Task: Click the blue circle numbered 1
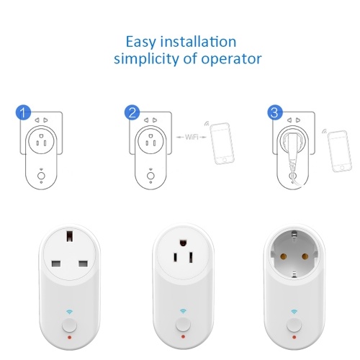[23, 112]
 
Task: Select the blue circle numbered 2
[132, 112]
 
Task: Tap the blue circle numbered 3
[275, 112]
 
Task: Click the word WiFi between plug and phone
[192, 138]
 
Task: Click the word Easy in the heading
[141, 42]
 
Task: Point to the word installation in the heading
[198, 42]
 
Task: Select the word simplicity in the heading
[146, 59]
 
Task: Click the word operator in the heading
[231, 59]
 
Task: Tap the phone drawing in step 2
[222, 143]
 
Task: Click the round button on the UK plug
[69, 325]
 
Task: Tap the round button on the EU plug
[294, 325]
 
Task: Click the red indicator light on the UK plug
[70, 337]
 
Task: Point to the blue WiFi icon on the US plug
[183, 311]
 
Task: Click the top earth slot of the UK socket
[70, 236]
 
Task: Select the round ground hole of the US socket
[183, 243]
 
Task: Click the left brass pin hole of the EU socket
[283, 256]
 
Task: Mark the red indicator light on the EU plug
[294, 337]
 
